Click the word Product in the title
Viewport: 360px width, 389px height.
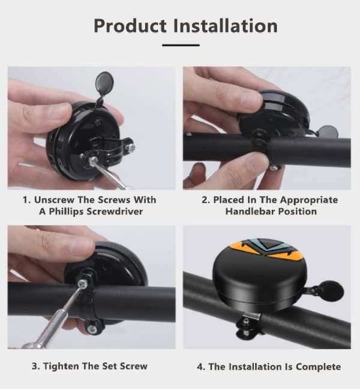click(x=130, y=26)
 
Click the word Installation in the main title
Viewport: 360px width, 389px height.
click(x=226, y=26)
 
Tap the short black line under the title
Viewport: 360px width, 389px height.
click(x=181, y=45)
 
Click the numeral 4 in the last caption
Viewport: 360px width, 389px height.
click(x=200, y=367)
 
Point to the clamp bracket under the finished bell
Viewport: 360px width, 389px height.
click(x=248, y=325)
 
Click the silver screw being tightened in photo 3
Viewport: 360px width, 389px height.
click(x=82, y=283)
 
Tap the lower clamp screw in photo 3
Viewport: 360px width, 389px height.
click(x=92, y=328)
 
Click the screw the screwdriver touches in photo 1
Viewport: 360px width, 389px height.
click(x=94, y=160)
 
